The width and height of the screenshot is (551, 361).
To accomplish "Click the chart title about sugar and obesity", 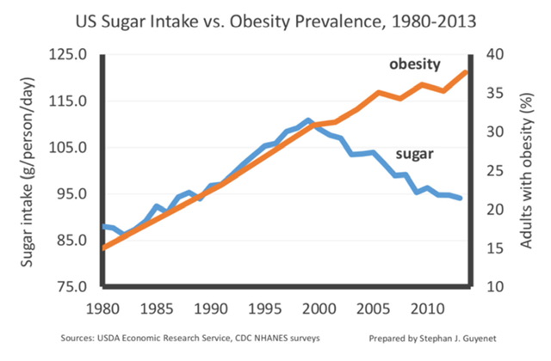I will pyautogui.click(x=275, y=18).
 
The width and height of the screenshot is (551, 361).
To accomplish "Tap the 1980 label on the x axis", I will pyautogui.click(x=103, y=307).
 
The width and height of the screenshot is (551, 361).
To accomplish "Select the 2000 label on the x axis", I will pyautogui.click(x=319, y=307).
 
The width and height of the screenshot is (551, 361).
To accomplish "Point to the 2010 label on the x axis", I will pyautogui.click(x=426, y=307).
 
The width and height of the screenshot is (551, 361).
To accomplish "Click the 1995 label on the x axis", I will pyautogui.click(x=264, y=307).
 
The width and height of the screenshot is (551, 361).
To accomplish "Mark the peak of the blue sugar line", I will pyautogui.click(x=308, y=120).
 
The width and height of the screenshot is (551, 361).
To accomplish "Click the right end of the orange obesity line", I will pyautogui.click(x=467, y=71).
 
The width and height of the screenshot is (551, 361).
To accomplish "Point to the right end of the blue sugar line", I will pyautogui.click(x=461, y=199).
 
